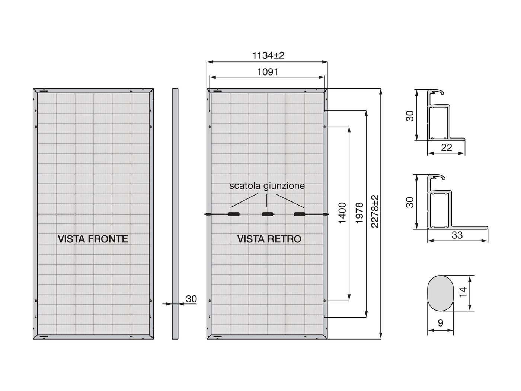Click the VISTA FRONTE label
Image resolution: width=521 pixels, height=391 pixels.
click(x=93, y=239)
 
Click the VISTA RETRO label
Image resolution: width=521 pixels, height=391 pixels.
click(x=269, y=239)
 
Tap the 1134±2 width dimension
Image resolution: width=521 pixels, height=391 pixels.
click(x=268, y=55)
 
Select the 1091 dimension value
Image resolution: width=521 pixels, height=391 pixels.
click(x=268, y=72)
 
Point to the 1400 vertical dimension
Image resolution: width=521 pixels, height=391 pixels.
click(x=342, y=213)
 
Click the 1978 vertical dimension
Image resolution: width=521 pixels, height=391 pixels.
click(x=359, y=213)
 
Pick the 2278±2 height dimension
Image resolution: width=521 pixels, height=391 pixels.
click(x=374, y=212)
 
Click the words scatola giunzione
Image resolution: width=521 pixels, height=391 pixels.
click(x=267, y=186)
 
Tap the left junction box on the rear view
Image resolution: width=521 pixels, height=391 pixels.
click(x=234, y=214)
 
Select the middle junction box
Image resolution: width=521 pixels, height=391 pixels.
click(x=267, y=214)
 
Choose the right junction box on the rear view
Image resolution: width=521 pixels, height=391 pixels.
click(x=299, y=214)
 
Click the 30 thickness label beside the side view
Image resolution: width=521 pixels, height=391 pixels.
click(x=191, y=299)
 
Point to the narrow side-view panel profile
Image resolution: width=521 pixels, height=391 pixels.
click(x=175, y=214)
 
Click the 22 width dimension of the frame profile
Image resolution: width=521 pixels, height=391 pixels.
click(x=446, y=148)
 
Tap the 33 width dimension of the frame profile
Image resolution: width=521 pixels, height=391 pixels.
click(x=457, y=235)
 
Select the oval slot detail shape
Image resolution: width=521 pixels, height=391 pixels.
click(x=440, y=293)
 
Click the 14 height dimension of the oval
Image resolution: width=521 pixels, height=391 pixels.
click(x=463, y=292)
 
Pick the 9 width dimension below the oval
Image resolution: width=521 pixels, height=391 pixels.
click(x=441, y=323)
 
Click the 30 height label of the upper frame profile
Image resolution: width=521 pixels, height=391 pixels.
click(x=410, y=116)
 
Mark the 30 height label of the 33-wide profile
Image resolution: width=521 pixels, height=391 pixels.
click(x=410, y=202)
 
